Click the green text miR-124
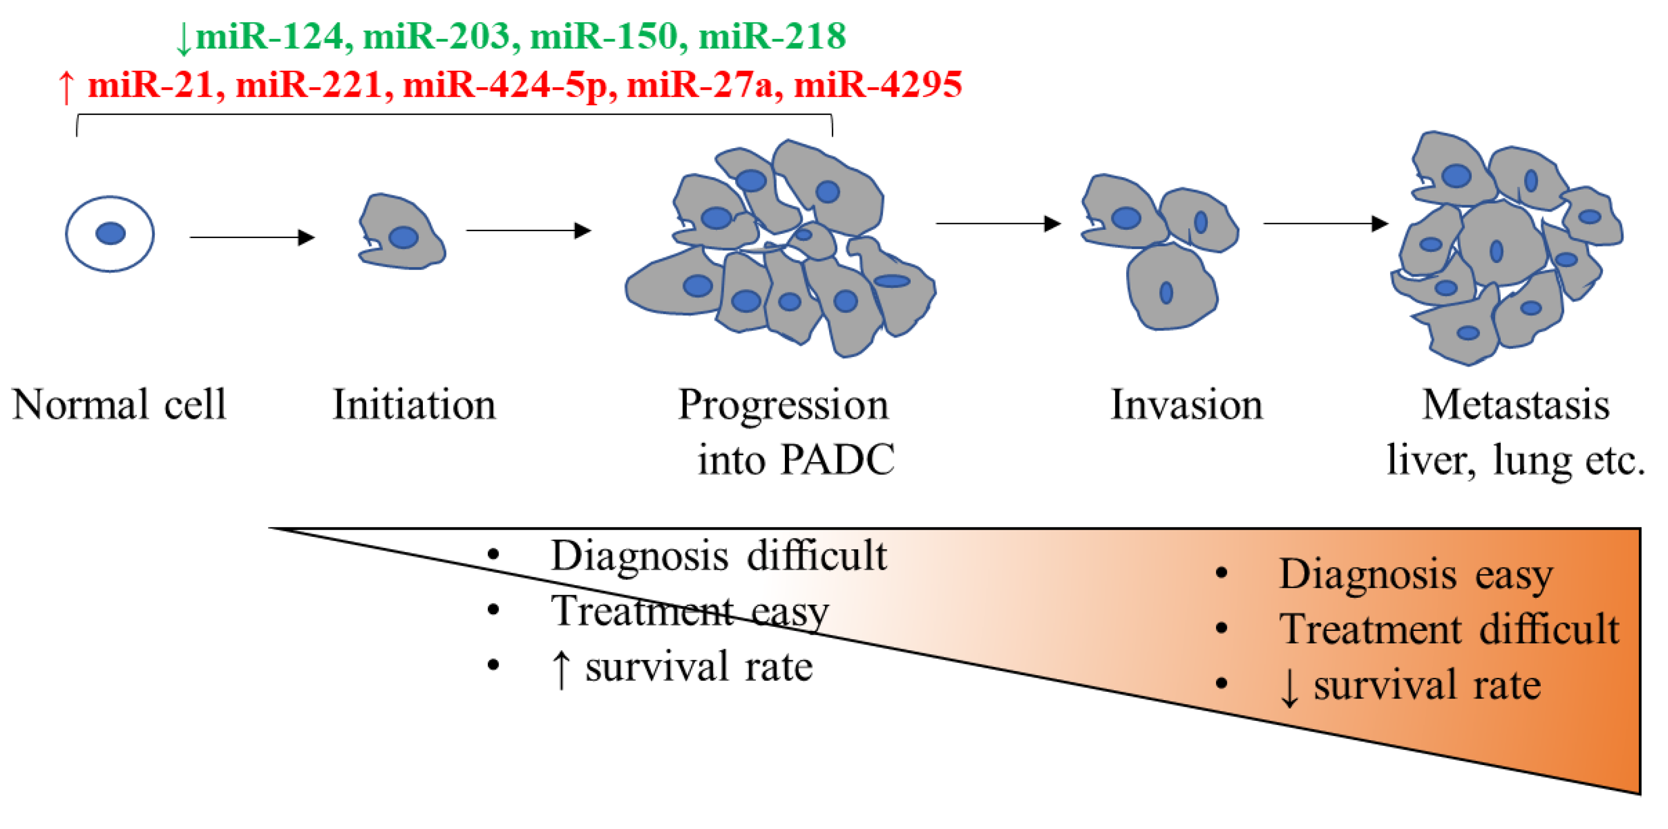269,36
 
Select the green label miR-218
772,36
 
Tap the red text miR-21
150,85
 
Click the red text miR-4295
878,85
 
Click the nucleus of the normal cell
111,233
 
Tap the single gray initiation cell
402,231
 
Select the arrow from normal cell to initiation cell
252,237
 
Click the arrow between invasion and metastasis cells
1326,223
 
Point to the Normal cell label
119,405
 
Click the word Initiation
415,405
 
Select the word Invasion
1187,405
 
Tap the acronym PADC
838,460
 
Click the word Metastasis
1516,405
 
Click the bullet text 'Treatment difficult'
1449,629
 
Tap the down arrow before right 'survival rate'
1289,688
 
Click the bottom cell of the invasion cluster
1171,286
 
